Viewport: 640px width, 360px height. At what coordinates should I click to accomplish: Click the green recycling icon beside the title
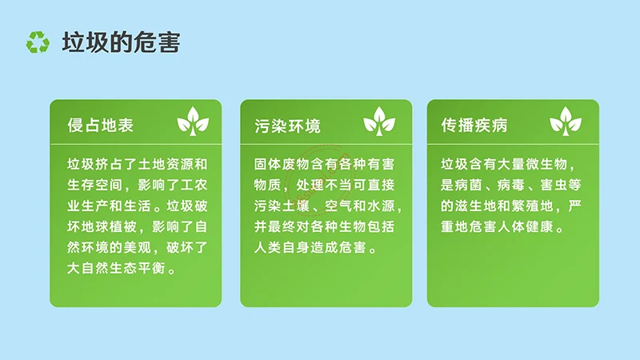[x=37, y=42]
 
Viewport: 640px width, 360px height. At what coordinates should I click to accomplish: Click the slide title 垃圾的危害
[x=122, y=42]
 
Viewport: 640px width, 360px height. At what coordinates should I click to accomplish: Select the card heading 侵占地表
[x=100, y=126]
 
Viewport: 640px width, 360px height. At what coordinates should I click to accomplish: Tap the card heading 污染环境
[x=288, y=126]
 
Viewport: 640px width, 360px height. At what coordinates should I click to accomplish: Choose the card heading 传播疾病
[x=474, y=126]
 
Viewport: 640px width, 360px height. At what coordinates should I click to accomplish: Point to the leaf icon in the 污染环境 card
[x=379, y=121]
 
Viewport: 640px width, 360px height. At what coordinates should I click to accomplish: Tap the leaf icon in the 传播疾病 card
[x=566, y=121]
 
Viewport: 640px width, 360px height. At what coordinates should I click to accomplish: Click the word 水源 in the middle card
[x=380, y=206]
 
